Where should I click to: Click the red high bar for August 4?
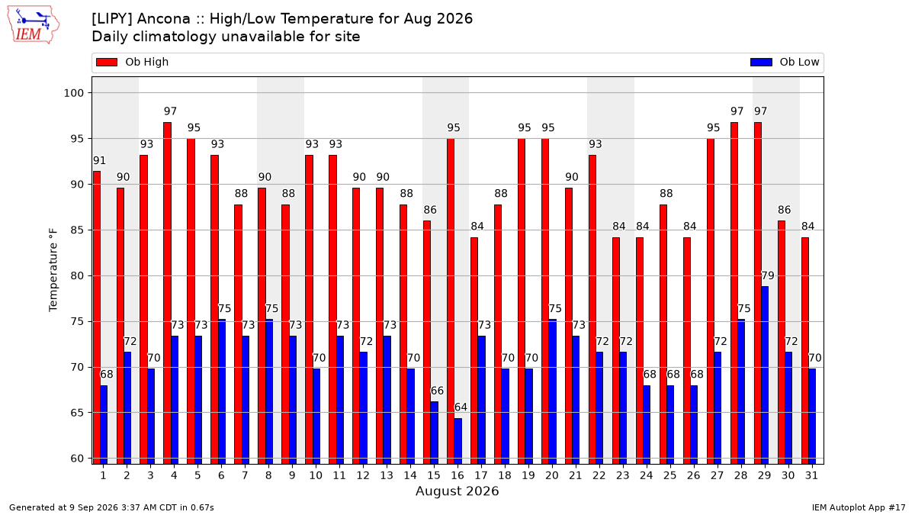pyautogui.click(x=167, y=293)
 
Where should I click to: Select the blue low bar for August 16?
pyautogui.click(x=458, y=441)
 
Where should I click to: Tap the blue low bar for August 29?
pyautogui.click(x=765, y=375)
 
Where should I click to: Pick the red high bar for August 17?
pyautogui.click(x=474, y=351)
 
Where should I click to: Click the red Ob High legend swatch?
pyautogui.click(x=107, y=62)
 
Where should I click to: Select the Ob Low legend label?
pyautogui.click(x=799, y=62)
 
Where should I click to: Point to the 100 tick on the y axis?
pyautogui.click(x=73, y=93)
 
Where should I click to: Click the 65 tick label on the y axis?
pyautogui.click(x=77, y=413)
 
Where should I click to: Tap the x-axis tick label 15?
pyautogui.click(x=434, y=476)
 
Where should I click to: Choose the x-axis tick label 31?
pyautogui.click(x=811, y=476)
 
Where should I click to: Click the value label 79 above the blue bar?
pyautogui.click(x=768, y=275)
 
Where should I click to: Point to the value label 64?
pyautogui.click(x=461, y=407)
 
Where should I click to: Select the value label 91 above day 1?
pyautogui.click(x=99, y=161)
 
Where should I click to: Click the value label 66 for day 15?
pyautogui.click(x=437, y=391)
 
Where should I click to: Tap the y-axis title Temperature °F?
pyautogui.click(x=53, y=270)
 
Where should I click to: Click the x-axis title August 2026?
pyautogui.click(x=457, y=491)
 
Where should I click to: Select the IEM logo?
pyautogui.click(x=34, y=25)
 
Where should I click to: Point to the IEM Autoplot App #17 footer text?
pyautogui.click(x=859, y=507)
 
